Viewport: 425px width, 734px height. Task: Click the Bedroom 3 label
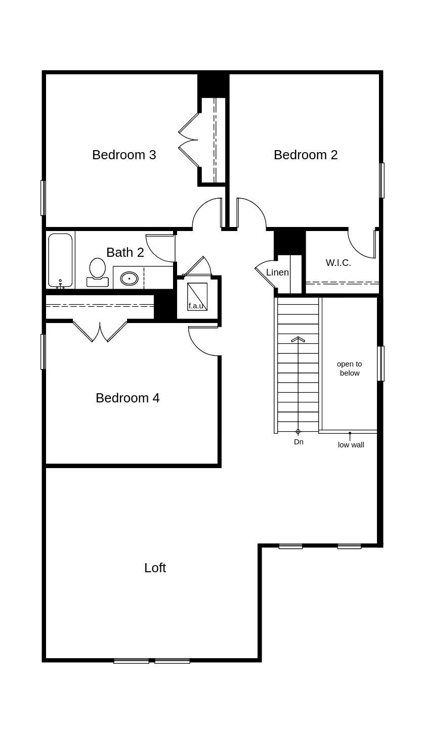[x=124, y=155]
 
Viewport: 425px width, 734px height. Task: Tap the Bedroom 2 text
[x=306, y=155]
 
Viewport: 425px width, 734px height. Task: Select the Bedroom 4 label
[x=127, y=398]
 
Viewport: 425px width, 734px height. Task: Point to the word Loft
[x=155, y=568]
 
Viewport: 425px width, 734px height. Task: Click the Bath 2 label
[x=125, y=252]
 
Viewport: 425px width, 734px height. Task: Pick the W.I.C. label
[x=338, y=263]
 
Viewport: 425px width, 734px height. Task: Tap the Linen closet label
[x=277, y=272]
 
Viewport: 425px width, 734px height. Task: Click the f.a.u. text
[x=196, y=306]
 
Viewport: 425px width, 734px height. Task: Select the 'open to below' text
[x=350, y=369]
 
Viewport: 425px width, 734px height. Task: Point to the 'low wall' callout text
[x=351, y=445]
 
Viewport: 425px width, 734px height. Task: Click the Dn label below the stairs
[x=299, y=442]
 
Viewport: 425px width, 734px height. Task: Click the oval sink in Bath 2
[x=130, y=278]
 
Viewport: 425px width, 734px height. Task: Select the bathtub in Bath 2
[x=60, y=260]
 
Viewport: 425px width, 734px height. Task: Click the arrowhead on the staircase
[x=298, y=339]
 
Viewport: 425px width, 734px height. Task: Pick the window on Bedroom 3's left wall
[x=43, y=198]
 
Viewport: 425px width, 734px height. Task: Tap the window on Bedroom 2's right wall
[x=382, y=180]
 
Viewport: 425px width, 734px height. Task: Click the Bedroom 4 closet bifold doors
[x=100, y=332]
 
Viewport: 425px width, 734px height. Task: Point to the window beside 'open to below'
[x=381, y=363]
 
